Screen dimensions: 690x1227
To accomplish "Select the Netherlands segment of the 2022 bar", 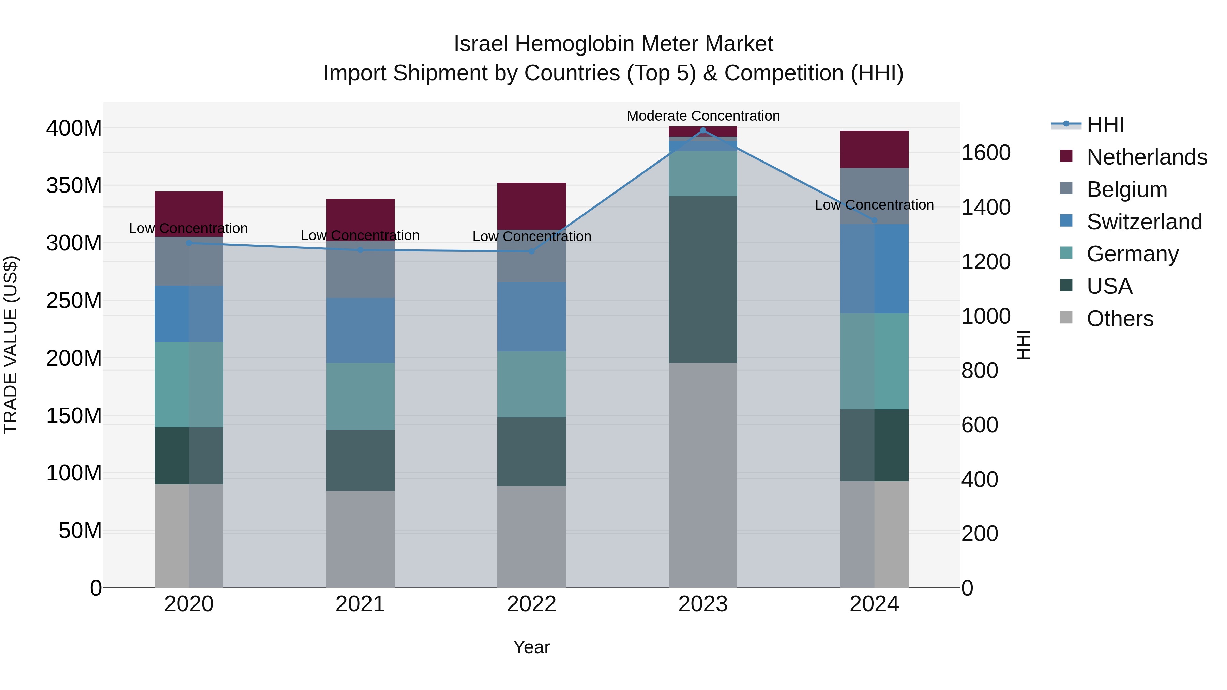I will pyautogui.click(x=532, y=206).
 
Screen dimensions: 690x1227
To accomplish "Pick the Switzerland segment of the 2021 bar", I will pyautogui.click(x=360, y=331).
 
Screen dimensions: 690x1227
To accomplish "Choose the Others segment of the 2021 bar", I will pyautogui.click(x=360, y=539).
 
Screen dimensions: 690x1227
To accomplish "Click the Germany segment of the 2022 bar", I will pyautogui.click(x=532, y=384).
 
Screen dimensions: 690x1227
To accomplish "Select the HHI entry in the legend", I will pyautogui.click(x=1105, y=125).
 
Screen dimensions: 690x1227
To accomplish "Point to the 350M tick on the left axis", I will pyautogui.click(x=74, y=185).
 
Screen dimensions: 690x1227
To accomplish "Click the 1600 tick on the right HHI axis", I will pyautogui.click(x=985, y=153).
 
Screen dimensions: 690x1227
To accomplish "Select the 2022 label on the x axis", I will pyautogui.click(x=532, y=604).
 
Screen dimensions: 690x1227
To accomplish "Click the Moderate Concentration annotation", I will pyautogui.click(x=703, y=116).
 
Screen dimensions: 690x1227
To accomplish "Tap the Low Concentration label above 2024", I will pyautogui.click(x=874, y=205).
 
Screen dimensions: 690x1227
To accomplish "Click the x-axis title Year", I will pyautogui.click(x=532, y=647).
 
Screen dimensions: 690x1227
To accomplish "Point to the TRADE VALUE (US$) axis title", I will pyautogui.click(x=11, y=345).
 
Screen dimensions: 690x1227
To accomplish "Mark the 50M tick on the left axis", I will pyautogui.click(x=80, y=531).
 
